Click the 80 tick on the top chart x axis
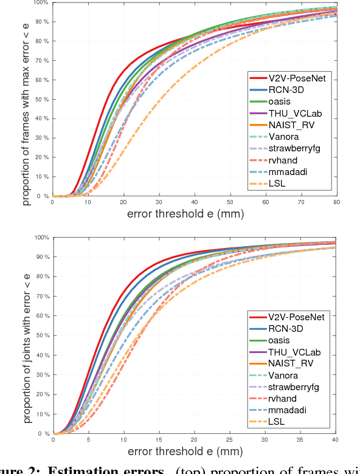336,202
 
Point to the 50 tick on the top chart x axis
229,202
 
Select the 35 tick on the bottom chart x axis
299,439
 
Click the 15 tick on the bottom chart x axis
159,439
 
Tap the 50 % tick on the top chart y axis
41,99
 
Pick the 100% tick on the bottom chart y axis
41,238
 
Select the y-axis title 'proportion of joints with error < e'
27,335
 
